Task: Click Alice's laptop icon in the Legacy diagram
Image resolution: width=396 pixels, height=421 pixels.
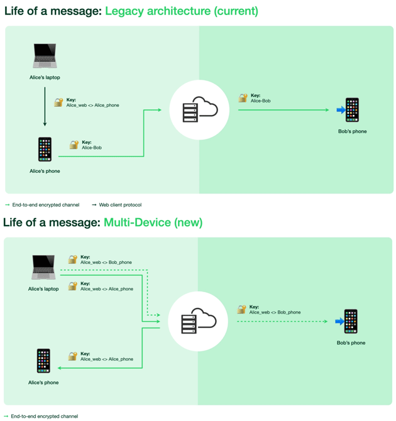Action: click(x=45, y=56)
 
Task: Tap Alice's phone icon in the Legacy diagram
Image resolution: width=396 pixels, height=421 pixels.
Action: click(x=45, y=150)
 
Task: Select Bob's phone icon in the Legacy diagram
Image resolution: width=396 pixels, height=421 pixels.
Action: click(x=352, y=110)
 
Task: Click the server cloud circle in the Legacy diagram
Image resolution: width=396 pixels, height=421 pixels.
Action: click(x=199, y=110)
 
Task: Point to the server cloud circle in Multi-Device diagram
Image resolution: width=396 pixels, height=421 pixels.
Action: click(x=198, y=322)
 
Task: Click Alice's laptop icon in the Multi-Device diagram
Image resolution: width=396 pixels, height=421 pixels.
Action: click(x=43, y=267)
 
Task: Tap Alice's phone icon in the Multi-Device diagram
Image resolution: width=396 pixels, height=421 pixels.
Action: click(x=43, y=361)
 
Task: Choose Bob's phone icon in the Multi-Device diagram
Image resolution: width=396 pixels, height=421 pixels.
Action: click(x=351, y=322)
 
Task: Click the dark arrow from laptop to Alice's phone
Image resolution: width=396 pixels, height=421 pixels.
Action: click(x=45, y=107)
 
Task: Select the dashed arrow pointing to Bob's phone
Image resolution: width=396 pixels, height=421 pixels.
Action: click(x=283, y=322)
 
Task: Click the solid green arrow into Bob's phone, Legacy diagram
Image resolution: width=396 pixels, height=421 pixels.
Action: click(x=283, y=110)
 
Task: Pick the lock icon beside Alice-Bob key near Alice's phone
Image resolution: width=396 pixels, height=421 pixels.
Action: click(x=74, y=145)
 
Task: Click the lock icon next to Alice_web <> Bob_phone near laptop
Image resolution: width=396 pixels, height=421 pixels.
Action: click(x=72, y=260)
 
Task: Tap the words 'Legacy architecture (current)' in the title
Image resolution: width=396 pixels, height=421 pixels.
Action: click(x=181, y=11)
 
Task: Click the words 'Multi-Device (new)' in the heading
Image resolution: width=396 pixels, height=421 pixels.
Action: click(x=153, y=222)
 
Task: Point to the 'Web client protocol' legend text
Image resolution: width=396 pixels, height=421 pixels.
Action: click(x=120, y=205)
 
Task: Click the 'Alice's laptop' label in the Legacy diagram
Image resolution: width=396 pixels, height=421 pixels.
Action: click(x=45, y=78)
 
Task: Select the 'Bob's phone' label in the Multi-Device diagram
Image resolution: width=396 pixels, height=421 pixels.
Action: click(x=351, y=343)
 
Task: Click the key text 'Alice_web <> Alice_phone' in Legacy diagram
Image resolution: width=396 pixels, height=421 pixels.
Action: click(x=92, y=106)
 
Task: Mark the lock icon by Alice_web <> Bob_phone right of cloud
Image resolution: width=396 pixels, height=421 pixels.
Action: click(x=241, y=310)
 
